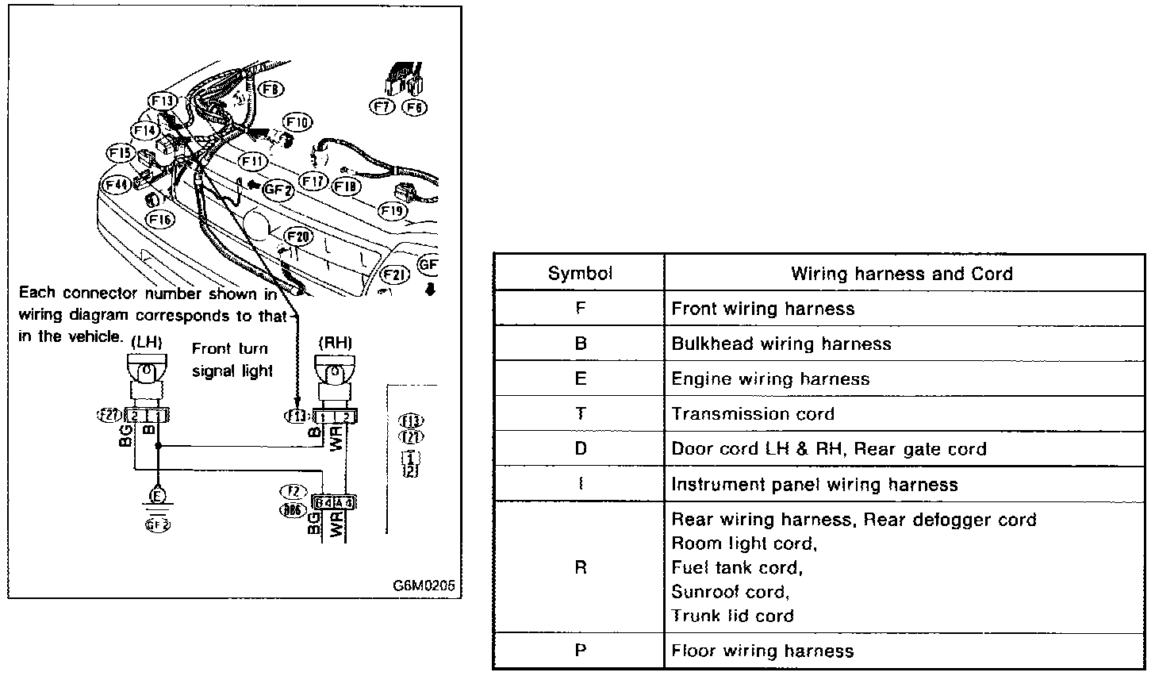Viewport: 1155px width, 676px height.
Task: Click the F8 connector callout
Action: click(x=272, y=90)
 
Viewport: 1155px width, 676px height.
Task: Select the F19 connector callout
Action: click(x=392, y=211)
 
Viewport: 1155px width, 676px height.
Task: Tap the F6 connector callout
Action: click(x=415, y=106)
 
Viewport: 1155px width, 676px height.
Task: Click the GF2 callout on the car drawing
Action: click(x=278, y=190)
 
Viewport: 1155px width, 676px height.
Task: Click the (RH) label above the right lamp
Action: click(x=334, y=342)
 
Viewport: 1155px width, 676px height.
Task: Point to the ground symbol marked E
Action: click(x=159, y=497)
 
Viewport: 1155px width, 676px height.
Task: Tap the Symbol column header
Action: click(x=580, y=274)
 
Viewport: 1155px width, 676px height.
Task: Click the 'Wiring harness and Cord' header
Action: click(x=902, y=274)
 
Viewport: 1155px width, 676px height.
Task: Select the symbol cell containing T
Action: click(x=580, y=413)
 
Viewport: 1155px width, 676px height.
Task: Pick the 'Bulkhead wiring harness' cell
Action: click(x=781, y=344)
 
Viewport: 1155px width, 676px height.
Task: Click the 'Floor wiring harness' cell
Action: click(x=762, y=651)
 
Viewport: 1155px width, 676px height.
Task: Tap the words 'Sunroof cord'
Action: click(x=730, y=591)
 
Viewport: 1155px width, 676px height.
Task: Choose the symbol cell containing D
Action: click(x=580, y=448)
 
